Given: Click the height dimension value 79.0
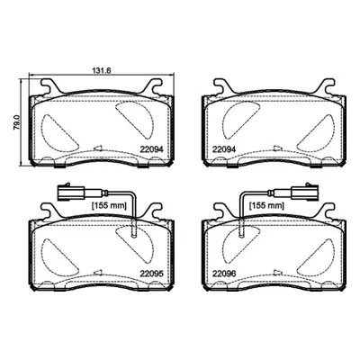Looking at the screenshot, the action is tap(17, 122).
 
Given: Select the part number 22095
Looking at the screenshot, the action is tap(151, 274).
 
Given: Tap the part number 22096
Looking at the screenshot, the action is tap(224, 274).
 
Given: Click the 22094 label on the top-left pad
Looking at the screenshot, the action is tap(151, 149).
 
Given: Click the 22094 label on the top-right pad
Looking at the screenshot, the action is tap(224, 149).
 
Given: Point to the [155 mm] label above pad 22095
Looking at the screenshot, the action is tap(109, 205).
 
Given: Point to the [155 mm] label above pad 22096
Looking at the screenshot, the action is tap(266, 205).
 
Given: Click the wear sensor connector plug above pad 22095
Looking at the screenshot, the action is tap(71, 192).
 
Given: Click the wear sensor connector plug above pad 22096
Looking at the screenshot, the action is tap(303, 192).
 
